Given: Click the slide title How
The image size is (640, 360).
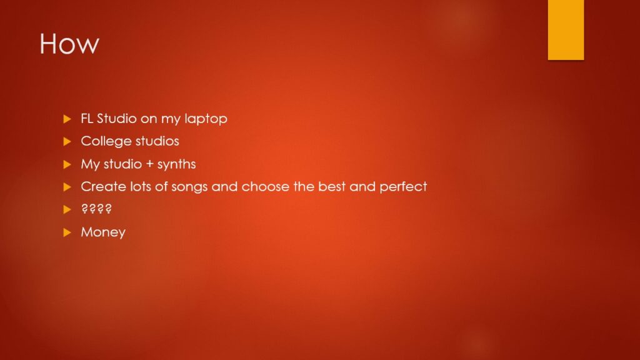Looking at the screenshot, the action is [x=69, y=44].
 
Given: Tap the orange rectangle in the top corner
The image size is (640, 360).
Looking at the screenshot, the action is [x=566, y=30].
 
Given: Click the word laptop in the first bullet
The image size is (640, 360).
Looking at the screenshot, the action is [x=206, y=119].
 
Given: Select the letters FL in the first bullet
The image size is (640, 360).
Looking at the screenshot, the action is [x=87, y=118].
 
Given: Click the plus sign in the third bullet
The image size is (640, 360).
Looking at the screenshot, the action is [x=149, y=164].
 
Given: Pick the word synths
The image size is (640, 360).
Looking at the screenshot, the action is [x=176, y=164].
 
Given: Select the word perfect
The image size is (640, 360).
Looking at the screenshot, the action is [x=403, y=187].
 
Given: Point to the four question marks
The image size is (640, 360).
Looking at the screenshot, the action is [x=96, y=209].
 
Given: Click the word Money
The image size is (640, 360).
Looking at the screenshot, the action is [x=103, y=232].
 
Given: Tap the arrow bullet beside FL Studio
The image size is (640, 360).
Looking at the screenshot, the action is [x=67, y=119].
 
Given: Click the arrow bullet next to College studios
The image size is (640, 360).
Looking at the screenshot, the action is [x=67, y=142].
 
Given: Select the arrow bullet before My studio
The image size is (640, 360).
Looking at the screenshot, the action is [x=67, y=164].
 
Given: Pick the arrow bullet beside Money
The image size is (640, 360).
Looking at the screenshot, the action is [x=67, y=232].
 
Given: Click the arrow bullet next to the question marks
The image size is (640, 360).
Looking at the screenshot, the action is [x=67, y=210].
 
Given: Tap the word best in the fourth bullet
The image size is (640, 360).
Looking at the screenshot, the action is [x=332, y=186].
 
